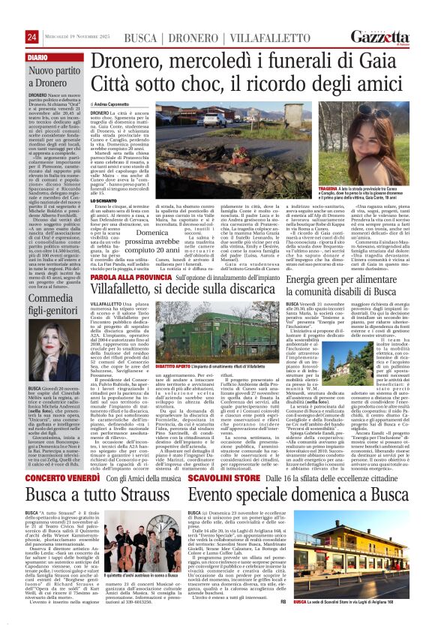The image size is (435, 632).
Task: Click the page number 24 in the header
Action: point(31,37)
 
